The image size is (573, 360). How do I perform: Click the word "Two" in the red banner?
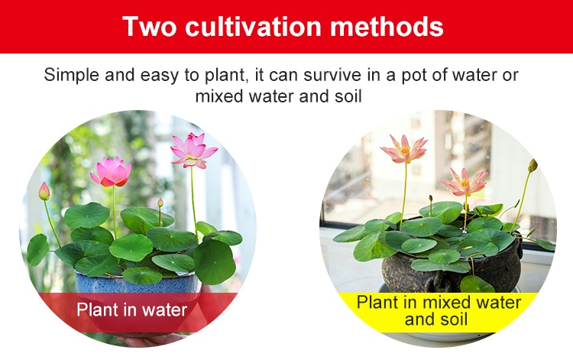pos(149,26)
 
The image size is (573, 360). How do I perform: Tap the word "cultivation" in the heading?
pos(253,26)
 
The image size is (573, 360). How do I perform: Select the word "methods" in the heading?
pos(387,26)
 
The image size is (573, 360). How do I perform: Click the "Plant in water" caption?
pos(132,310)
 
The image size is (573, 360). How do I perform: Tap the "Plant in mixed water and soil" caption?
pos(439,310)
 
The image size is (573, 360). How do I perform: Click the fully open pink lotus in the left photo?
pos(193,151)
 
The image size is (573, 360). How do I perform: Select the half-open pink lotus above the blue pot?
pos(111,172)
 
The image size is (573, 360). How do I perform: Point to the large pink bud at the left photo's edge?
pos(44,191)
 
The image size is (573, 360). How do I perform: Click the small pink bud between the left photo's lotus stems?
pos(160,203)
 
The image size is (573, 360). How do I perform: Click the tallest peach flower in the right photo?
pos(404,149)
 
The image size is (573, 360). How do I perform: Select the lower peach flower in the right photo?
pos(465,182)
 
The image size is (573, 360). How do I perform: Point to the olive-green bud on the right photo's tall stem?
pos(533,165)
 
